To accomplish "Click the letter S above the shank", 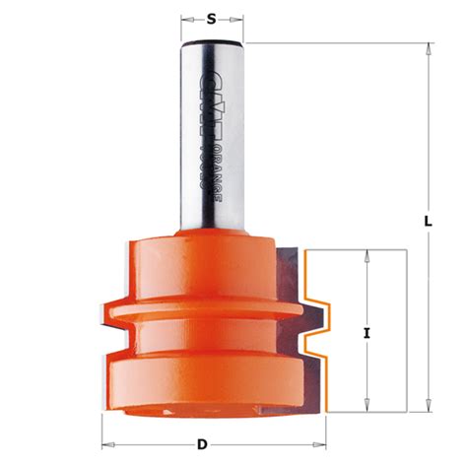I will pyautogui.click(x=211, y=18).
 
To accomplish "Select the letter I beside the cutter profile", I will pyautogui.click(x=367, y=334).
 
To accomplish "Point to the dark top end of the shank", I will pyautogui.click(x=211, y=45).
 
